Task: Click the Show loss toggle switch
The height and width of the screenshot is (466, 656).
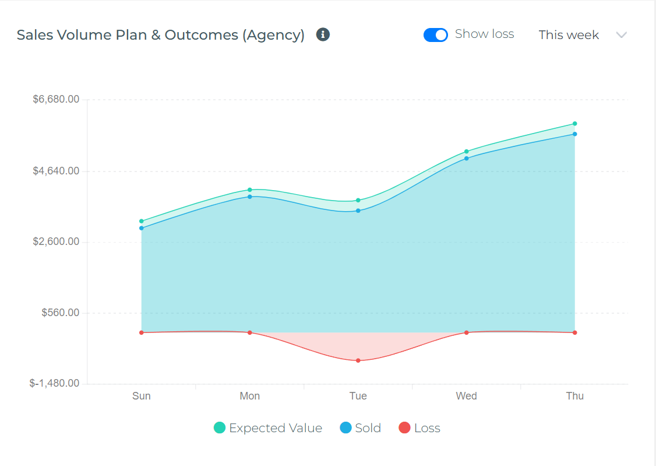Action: (x=436, y=35)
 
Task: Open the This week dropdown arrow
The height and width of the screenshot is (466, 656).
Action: (x=621, y=35)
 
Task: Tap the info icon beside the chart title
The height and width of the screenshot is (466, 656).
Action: (x=323, y=34)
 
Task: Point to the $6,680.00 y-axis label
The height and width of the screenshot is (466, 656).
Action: (x=56, y=100)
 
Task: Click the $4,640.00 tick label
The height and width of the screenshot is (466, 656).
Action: (x=56, y=171)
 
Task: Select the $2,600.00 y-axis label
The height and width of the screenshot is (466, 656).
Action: (x=56, y=242)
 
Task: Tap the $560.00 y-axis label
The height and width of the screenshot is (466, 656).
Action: (x=60, y=313)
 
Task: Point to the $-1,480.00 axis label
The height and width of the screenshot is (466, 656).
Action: (x=55, y=384)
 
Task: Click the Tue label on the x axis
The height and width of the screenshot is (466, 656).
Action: (x=358, y=396)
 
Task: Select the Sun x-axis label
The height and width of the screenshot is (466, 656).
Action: (x=142, y=396)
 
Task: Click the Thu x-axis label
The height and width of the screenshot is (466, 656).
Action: (x=574, y=396)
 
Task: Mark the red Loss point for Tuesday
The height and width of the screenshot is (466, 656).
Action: (x=358, y=360)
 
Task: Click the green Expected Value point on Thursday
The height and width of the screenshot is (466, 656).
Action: (x=574, y=124)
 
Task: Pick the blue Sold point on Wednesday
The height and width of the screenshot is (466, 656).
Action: (x=467, y=159)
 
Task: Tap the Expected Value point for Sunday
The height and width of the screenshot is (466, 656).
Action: (x=142, y=221)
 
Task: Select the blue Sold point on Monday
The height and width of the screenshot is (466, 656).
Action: (x=250, y=197)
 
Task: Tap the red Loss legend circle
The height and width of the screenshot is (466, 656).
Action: (x=404, y=428)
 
